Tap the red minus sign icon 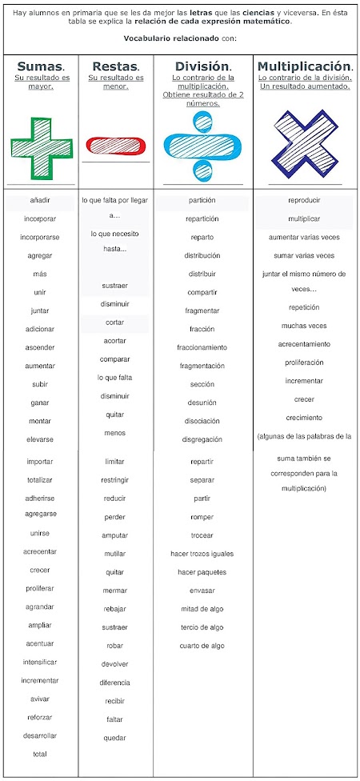click(x=116, y=146)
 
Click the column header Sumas click(x=40, y=66)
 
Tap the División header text click(x=202, y=66)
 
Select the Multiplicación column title click(x=305, y=66)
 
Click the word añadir click(x=40, y=200)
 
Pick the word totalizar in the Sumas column click(x=40, y=479)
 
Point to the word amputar click(x=114, y=535)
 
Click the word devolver click(x=114, y=664)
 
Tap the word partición click(x=202, y=200)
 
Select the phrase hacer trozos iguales click(x=202, y=554)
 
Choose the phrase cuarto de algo click(x=202, y=646)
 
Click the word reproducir click(x=304, y=200)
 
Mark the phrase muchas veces click(x=304, y=326)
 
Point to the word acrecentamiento click(x=304, y=344)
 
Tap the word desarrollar click(x=40, y=735)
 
